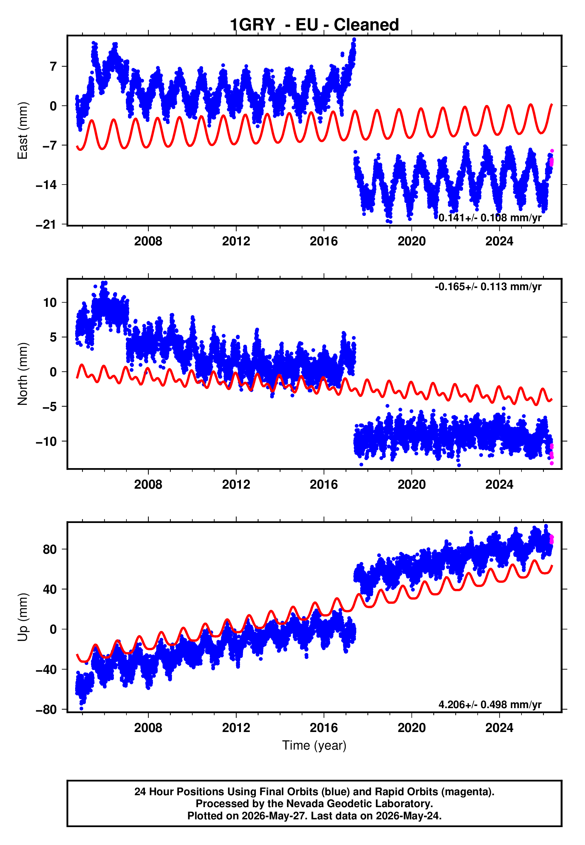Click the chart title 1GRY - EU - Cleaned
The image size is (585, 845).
[314, 25]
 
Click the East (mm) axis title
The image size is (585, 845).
[23, 131]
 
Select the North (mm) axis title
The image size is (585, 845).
[23, 374]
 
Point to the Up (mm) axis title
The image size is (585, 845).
[23, 617]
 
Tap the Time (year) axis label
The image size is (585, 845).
[314, 746]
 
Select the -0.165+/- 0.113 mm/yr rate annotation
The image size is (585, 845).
[488, 287]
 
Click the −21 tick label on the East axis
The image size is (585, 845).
[46, 224]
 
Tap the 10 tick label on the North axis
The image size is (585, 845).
[50, 302]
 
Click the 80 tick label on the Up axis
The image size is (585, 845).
[50, 549]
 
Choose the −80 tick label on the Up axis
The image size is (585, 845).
[46, 710]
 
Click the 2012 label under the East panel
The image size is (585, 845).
[236, 241]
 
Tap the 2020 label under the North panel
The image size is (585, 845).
[412, 485]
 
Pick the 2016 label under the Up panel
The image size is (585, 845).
[324, 728]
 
